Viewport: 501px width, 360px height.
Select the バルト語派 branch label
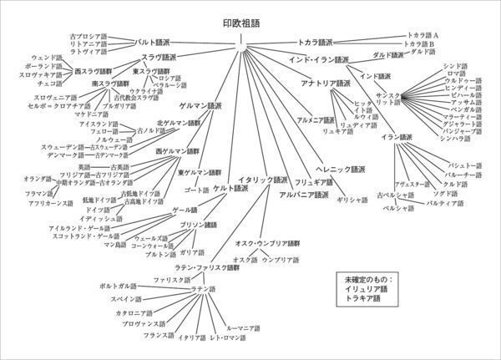click(x=154, y=41)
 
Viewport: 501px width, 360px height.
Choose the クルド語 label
click(x=455, y=185)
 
